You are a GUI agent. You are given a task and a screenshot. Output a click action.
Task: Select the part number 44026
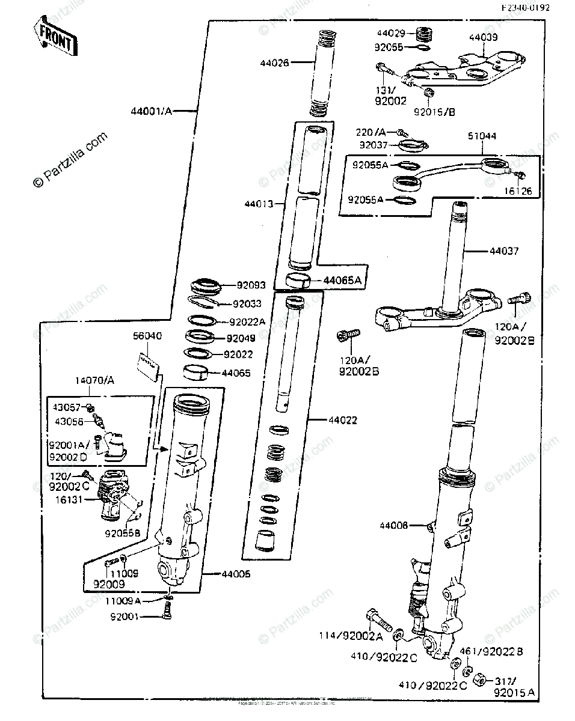pos(274,61)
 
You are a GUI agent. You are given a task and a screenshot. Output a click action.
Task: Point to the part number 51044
pos(482,136)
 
